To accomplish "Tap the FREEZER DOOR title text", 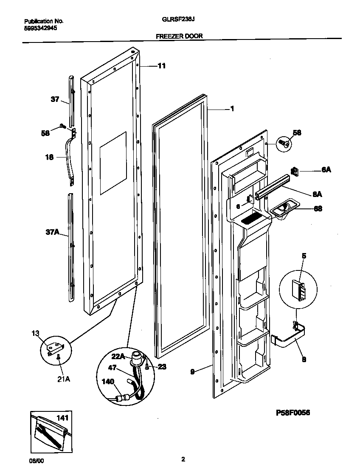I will click(x=179, y=37).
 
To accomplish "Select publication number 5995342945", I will click(x=41, y=28).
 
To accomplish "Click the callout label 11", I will click(x=162, y=66).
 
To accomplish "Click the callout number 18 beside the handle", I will click(x=49, y=158).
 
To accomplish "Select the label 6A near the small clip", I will click(x=326, y=169).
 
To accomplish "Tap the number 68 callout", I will click(x=318, y=208).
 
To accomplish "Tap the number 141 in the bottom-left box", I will click(x=63, y=419).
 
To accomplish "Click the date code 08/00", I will click(x=30, y=460).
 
